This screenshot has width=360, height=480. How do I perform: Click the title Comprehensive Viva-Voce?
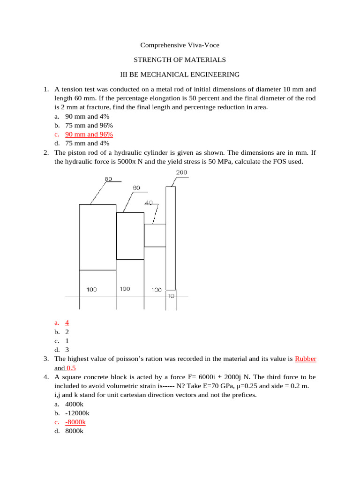pyautogui.click(x=180, y=45)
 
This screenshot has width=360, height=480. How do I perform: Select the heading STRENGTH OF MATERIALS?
pyautogui.click(x=180, y=60)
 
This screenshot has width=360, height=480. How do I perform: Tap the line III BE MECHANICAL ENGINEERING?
pyautogui.click(x=180, y=74)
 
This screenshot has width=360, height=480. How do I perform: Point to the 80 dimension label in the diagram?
pyautogui.click(x=108, y=179)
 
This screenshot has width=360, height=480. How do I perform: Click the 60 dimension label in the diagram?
pyautogui.click(x=136, y=187)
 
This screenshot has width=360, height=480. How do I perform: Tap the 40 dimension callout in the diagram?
pyautogui.click(x=149, y=202)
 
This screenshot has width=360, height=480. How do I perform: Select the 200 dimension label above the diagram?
pyautogui.click(x=181, y=172)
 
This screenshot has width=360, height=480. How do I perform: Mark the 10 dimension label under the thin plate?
pyautogui.click(x=171, y=296)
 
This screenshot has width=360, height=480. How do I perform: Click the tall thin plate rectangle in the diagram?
pyautogui.click(x=171, y=238)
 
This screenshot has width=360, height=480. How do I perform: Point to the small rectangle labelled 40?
pyautogui.click(x=155, y=235)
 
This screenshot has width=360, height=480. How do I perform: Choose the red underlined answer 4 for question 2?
pyautogui.click(x=67, y=322)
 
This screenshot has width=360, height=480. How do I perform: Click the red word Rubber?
pyautogui.click(x=306, y=359)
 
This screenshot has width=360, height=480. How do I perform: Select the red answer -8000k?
pyautogui.click(x=75, y=422)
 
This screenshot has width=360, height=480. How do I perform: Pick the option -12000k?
pyautogui.click(x=77, y=413)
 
